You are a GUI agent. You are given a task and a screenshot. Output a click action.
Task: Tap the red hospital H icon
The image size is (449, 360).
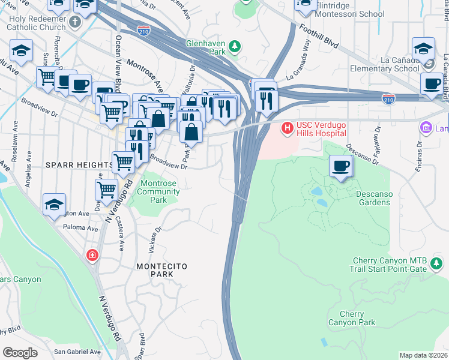[x=287, y=128]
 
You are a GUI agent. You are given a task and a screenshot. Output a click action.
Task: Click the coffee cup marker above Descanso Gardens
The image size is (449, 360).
[x=341, y=166]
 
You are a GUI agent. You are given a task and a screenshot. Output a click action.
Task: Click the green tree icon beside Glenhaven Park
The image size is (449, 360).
[x=235, y=46]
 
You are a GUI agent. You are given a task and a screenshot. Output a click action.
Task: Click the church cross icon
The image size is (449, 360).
[x=74, y=22]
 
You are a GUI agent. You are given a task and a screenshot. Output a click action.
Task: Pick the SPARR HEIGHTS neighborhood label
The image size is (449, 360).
[x=73, y=164]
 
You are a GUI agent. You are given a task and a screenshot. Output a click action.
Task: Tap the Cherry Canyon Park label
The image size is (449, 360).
[x=351, y=319]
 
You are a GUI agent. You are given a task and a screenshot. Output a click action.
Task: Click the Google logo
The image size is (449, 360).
[x=20, y=353]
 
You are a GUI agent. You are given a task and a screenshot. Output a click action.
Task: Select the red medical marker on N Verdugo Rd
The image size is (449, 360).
[x=92, y=255]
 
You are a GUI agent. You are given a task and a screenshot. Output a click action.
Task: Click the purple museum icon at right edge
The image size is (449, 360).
[x=426, y=127]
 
